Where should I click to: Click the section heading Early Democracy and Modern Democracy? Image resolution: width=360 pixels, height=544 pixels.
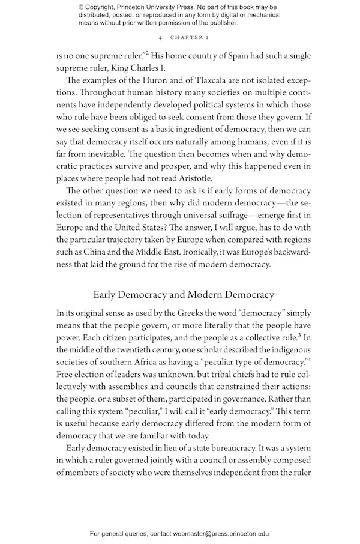pyautogui.click(x=184, y=295)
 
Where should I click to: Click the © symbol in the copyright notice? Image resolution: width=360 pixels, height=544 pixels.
pyautogui.click(x=82, y=7)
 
